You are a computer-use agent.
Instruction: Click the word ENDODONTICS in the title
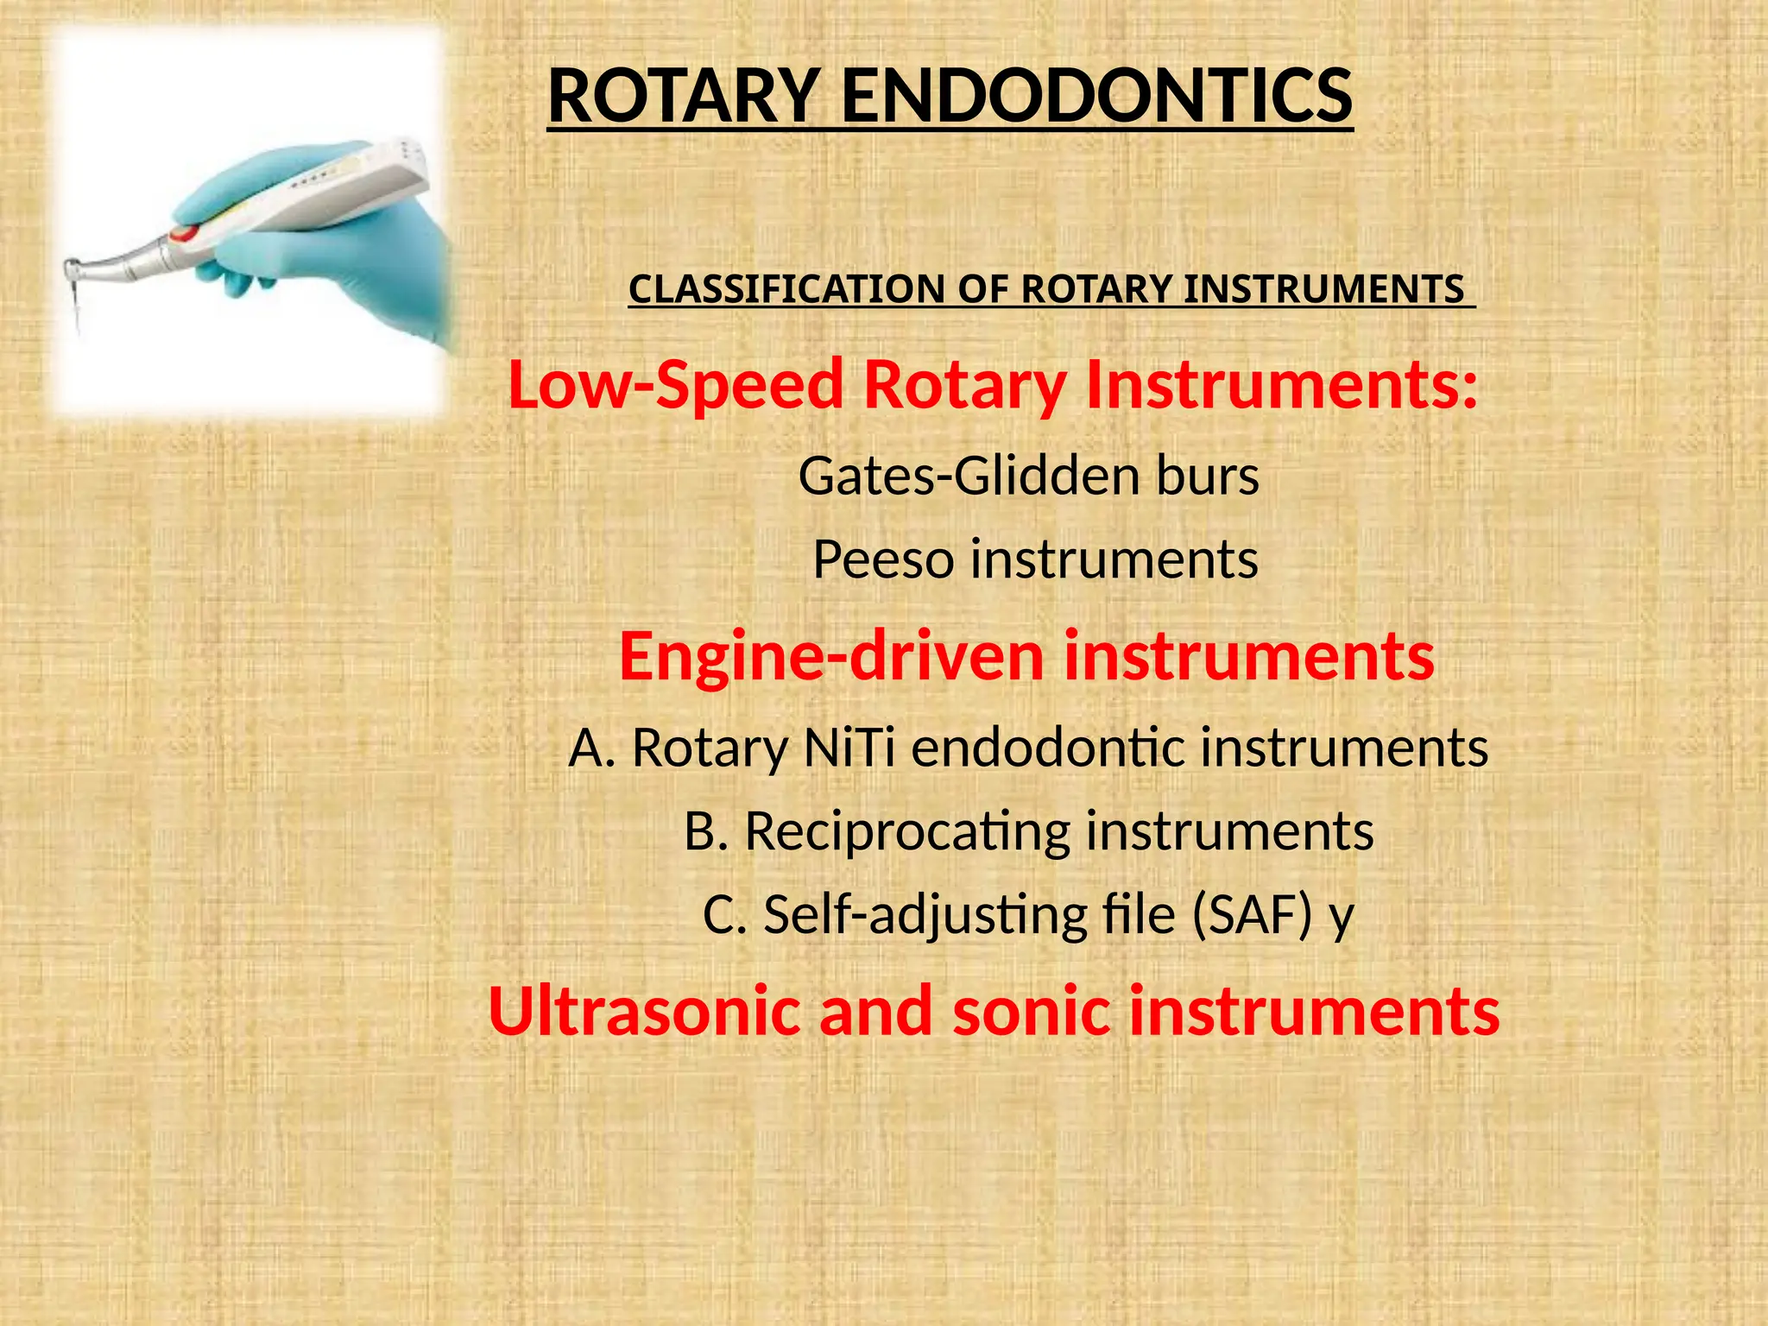click(1096, 97)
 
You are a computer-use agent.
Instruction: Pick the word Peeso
click(883, 559)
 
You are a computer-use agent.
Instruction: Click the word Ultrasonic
click(644, 1012)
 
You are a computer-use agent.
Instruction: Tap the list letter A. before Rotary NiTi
click(591, 748)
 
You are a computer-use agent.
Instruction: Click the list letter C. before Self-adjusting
click(724, 915)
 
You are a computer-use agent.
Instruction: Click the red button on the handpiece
click(184, 233)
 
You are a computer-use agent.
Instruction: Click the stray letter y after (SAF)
click(1341, 919)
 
